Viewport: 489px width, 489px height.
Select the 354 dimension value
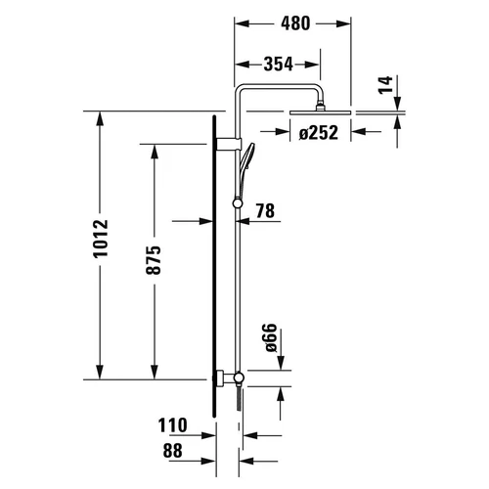pos(278,66)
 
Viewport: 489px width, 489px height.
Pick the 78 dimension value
pos(263,209)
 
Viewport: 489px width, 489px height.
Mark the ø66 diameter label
pos(273,339)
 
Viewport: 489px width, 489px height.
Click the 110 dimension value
pos(173,425)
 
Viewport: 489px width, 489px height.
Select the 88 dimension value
pos(173,451)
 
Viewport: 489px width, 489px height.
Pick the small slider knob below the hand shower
pos(236,203)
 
